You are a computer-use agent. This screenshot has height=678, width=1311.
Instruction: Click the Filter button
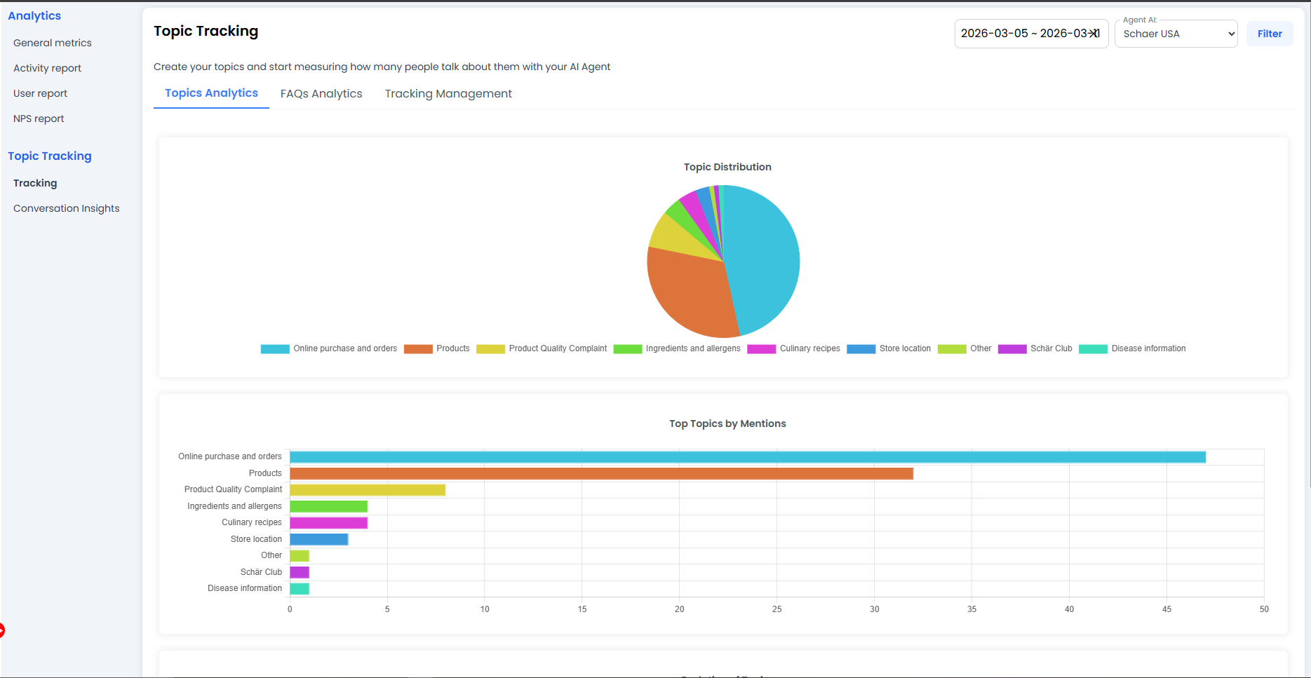pyautogui.click(x=1269, y=34)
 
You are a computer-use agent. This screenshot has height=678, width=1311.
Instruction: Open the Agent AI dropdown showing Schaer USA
pyautogui.click(x=1176, y=34)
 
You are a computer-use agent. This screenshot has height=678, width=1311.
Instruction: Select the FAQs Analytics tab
pyautogui.click(x=321, y=94)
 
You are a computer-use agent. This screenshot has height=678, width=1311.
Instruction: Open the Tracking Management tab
pyautogui.click(x=448, y=94)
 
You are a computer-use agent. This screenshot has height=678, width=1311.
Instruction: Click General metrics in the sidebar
pyautogui.click(x=53, y=43)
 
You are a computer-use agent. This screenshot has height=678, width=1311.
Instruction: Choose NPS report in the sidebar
pyautogui.click(x=39, y=118)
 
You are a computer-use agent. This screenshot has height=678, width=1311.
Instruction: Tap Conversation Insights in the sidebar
pyautogui.click(x=67, y=208)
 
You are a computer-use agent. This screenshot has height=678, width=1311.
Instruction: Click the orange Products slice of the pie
pyautogui.click(x=691, y=294)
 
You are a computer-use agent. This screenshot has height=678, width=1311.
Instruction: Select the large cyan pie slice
pyautogui.click(x=765, y=259)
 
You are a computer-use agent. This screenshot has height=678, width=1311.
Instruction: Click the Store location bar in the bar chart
pyautogui.click(x=319, y=539)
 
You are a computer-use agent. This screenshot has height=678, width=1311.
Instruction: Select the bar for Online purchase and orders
pyautogui.click(x=747, y=457)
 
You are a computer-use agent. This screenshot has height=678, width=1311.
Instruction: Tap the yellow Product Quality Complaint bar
pyautogui.click(x=368, y=490)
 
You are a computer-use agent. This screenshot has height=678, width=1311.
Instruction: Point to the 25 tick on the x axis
pyautogui.click(x=776, y=609)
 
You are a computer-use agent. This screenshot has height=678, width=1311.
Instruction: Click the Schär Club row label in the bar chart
pyautogui.click(x=261, y=572)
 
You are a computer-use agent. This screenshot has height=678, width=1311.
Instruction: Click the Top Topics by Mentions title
pyautogui.click(x=727, y=423)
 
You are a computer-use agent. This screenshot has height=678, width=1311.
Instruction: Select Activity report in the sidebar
pyautogui.click(x=47, y=68)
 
